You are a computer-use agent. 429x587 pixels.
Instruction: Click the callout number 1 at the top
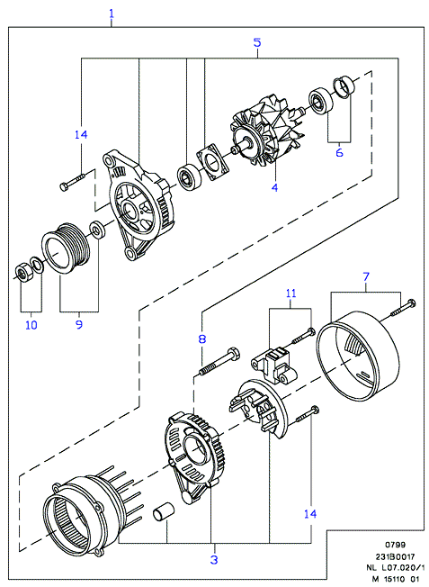pos(112,14)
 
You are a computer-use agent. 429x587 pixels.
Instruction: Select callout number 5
pos(257,42)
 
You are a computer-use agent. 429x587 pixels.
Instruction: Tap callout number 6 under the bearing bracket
pos(339,152)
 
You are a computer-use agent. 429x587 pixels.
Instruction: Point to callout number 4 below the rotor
pos(275,187)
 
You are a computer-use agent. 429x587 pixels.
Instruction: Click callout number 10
pos(31,325)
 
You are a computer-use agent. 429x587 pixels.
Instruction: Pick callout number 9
pos(79,324)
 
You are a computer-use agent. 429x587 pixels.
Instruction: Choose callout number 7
pos(366,277)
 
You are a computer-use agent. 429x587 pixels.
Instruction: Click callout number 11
pos(291,293)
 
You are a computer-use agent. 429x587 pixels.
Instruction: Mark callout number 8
pos(202,339)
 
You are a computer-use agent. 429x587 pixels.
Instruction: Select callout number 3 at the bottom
pos(214,560)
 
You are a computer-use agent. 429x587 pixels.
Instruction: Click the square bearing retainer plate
pos(211,162)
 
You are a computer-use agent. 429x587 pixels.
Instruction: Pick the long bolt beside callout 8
pos(219,361)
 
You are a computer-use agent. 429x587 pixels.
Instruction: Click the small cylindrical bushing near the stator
pos(162,511)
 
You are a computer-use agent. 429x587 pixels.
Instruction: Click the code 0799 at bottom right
pos(396,545)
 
